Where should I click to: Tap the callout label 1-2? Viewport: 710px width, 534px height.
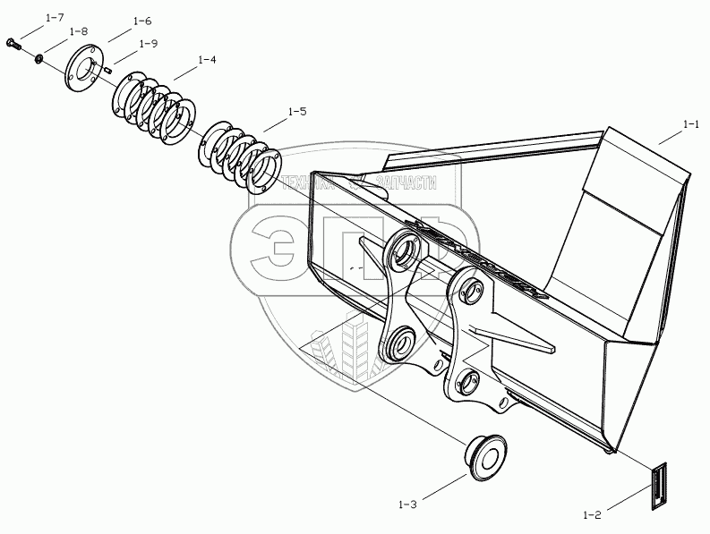592,514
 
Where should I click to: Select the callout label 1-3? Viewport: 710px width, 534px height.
407,505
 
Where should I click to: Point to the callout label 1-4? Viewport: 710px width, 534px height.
206,60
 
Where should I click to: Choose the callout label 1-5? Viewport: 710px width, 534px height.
296,112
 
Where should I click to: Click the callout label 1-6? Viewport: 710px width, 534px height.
141,21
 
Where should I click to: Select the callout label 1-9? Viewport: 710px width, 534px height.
148,43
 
